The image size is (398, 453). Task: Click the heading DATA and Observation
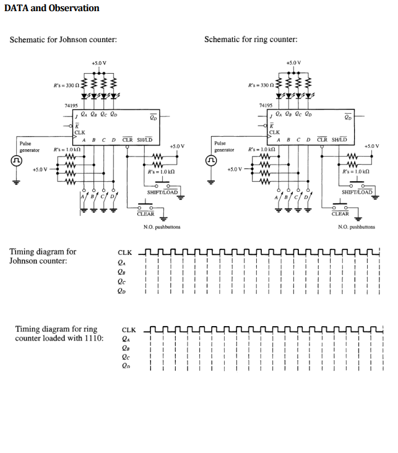52,8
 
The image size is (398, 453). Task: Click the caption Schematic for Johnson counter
64,40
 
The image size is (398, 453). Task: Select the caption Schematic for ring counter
251,40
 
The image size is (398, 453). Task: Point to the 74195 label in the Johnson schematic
71,105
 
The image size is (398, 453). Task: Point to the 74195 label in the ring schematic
266,105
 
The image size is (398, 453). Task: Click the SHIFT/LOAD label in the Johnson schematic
162,192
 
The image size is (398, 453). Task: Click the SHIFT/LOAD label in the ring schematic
357,192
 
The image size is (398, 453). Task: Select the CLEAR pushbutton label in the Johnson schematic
145,214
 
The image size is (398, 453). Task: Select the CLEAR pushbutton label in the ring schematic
340,214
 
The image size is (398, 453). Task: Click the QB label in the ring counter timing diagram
126,348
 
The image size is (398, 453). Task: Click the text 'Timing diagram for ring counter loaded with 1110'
59,334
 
